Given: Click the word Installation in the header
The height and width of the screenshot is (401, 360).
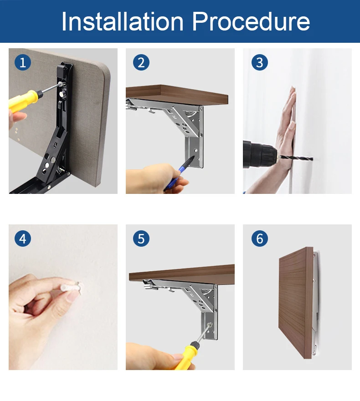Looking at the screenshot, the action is [x=123, y=21].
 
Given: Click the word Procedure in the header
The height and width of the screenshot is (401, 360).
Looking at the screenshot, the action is [x=251, y=21].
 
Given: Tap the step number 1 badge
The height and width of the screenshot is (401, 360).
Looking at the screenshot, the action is [x=23, y=62].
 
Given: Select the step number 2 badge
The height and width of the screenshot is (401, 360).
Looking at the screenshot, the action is [x=141, y=62].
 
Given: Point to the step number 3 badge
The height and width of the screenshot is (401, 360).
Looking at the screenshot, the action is [x=260, y=62].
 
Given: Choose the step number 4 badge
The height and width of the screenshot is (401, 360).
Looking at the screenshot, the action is [x=23, y=239].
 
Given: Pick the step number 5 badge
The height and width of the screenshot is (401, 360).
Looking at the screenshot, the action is [x=141, y=239].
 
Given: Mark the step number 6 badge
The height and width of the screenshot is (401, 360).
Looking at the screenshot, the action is [x=260, y=239].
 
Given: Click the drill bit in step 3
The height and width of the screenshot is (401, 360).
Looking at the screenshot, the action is [x=296, y=158].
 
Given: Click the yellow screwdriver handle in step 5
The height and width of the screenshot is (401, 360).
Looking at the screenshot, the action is [x=186, y=355].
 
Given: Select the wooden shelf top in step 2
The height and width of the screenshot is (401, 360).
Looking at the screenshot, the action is [x=177, y=95].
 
